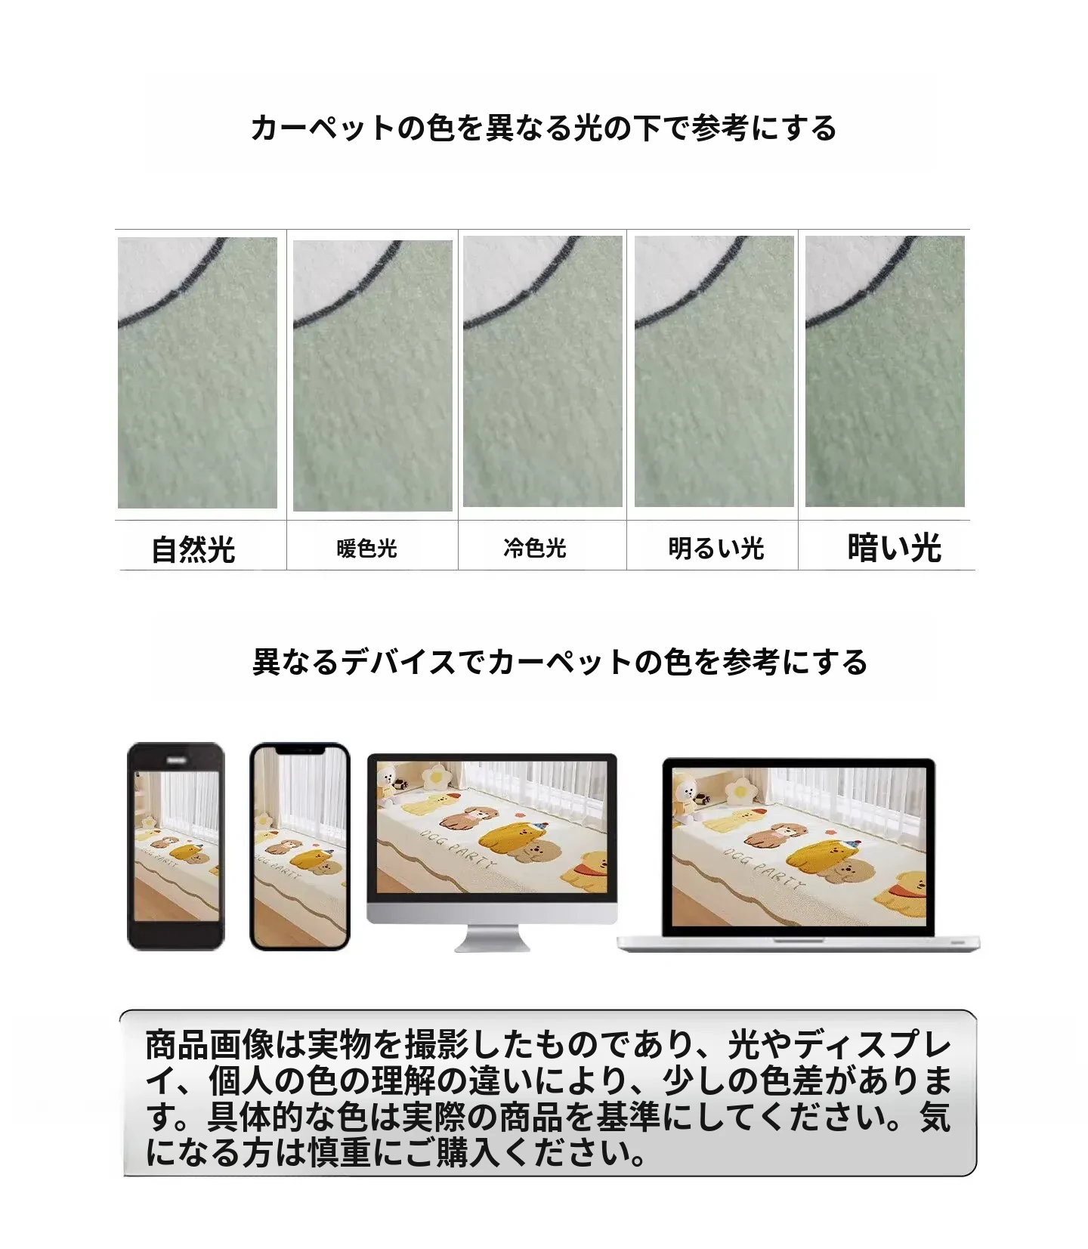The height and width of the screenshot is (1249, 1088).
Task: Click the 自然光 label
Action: (193, 549)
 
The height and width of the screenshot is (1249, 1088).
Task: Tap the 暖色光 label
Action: (367, 548)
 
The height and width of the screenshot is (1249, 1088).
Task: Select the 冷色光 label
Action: (535, 547)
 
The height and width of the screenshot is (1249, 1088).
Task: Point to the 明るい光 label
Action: (716, 548)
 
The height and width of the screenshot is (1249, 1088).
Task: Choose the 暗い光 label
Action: (895, 548)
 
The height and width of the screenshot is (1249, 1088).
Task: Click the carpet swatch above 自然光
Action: (197, 373)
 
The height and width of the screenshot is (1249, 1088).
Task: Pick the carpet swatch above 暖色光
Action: (372, 376)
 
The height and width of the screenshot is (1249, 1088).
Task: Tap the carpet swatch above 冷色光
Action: (542, 371)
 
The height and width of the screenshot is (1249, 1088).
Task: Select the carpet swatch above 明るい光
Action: (714, 371)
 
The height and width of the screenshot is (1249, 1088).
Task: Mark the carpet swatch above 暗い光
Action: (885, 371)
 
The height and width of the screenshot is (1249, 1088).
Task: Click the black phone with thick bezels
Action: (176, 846)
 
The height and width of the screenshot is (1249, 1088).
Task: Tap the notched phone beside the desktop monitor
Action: (300, 846)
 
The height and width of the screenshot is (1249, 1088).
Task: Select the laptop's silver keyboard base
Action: (799, 943)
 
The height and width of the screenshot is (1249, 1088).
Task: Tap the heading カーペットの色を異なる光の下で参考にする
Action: (543, 128)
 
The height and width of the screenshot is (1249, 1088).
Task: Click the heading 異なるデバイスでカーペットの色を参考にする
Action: (560, 662)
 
